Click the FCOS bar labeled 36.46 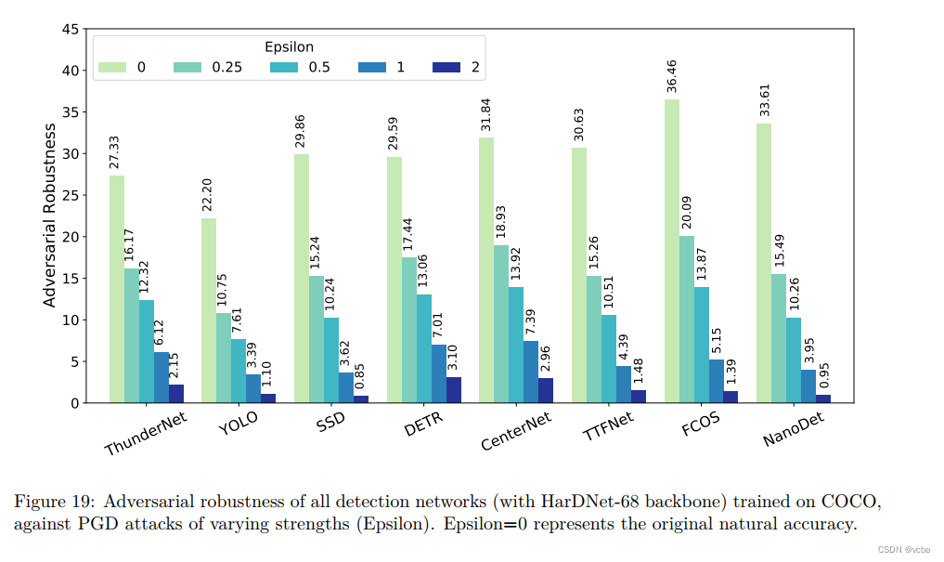tap(671, 251)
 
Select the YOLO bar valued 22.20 tap(209, 310)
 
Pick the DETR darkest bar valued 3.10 tap(454, 389)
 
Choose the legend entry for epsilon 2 tap(462, 67)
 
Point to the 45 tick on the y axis tap(70, 29)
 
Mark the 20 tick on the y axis tap(70, 237)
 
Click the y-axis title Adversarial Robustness tap(50, 216)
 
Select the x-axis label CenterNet tap(516, 431)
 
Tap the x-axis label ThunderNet tap(146, 434)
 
